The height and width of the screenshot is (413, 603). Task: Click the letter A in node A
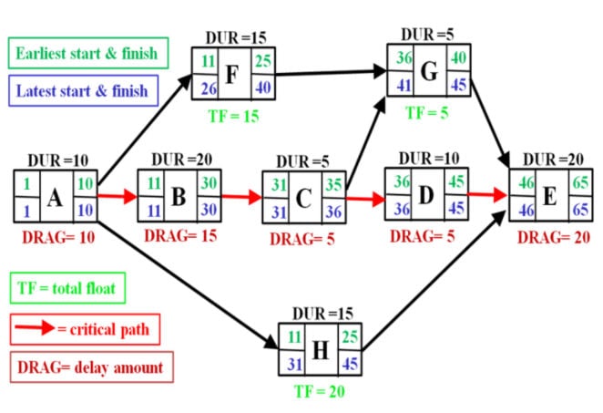pyautogui.click(x=55, y=195)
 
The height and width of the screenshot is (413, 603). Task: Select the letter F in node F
pyautogui.click(x=231, y=73)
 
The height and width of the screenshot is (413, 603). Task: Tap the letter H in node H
pyautogui.click(x=320, y=350)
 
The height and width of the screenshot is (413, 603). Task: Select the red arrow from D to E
pyautogui.click(x=487, y=194)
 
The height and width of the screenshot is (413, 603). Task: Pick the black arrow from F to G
pyautogui.click(x=329, y=70)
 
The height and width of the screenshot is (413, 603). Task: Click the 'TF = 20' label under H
pyautogui.click(x=319, y=392)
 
